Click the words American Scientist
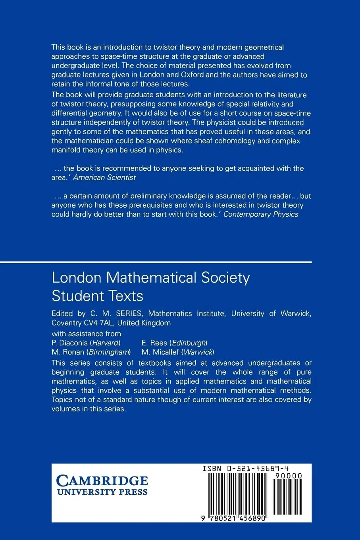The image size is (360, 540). [104, 177]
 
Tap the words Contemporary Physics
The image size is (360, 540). [261, 214]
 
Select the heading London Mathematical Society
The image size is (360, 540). [151, 277]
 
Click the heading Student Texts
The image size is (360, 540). [98, 296]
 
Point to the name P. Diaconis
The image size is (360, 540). [69, 343]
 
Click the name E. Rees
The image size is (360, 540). [154, 343]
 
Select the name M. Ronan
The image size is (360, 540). [68, 352]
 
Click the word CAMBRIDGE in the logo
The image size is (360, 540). [102, 481]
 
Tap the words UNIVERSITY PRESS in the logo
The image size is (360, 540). [102, 492]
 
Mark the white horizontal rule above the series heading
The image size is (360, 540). [156, 262]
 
